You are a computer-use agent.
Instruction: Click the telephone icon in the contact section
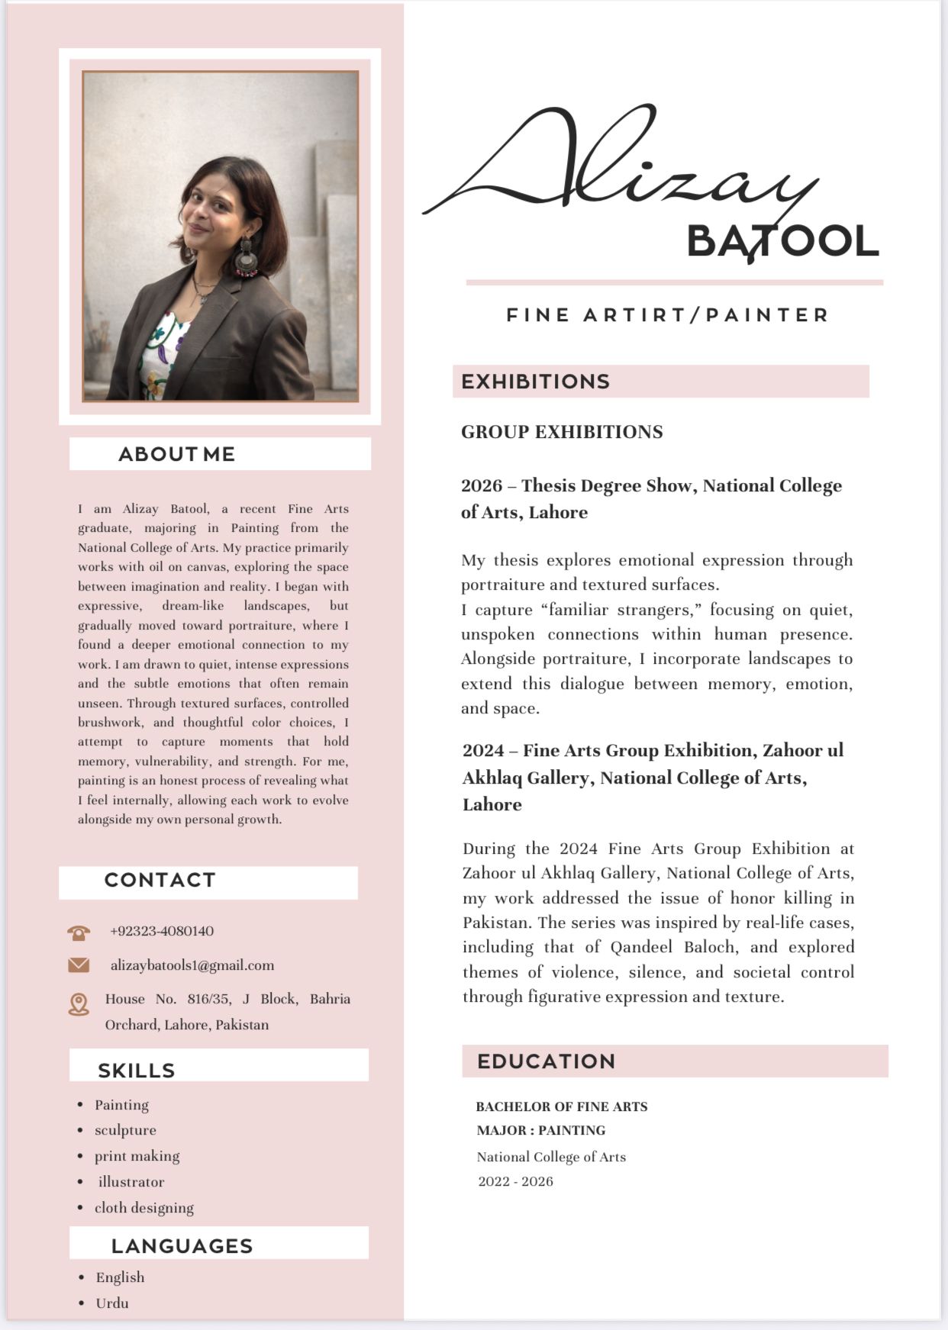point(79,932)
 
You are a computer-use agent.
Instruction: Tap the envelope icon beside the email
point(79,965)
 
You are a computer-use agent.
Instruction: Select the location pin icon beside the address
point(79,1004)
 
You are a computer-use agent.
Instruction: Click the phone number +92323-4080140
point(162,931)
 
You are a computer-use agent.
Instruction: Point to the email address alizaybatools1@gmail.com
point(192,965)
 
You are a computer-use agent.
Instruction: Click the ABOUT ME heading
point(176,454)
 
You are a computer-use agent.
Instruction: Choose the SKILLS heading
point(137,1071)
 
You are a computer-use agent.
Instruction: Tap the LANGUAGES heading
point(182,1246)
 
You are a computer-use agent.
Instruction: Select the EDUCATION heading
point(546,1061)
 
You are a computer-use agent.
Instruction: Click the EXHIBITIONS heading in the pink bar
point(535,382)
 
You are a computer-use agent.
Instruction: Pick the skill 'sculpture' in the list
point(125,1130)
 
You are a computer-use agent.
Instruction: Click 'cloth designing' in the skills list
point(144,1208)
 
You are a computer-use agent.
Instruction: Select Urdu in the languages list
point(112,1303)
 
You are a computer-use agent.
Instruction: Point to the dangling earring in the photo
point(247,259)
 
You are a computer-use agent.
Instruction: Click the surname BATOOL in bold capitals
point(782,241)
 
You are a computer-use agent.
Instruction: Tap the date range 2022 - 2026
point(515,1182)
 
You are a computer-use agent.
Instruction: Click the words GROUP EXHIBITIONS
point(562,432)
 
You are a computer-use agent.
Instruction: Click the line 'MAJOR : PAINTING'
point(540,1131)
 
